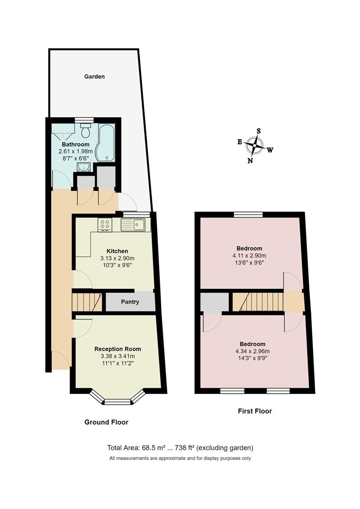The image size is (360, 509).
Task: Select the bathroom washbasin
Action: [x=86, y=167]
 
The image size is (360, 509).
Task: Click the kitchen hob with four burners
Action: [x=105, y=225]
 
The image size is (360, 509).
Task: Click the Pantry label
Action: [x=130, y=302]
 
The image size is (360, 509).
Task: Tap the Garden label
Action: [x=94, y=76]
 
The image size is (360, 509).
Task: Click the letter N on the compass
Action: [x=250, y=160]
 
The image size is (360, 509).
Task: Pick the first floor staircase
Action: [x=258, y=302]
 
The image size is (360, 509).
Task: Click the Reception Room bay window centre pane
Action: [x=117, y=402]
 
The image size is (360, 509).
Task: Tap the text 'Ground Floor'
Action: [x=106, y=422]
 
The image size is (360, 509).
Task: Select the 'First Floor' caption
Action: [x=254, y=411]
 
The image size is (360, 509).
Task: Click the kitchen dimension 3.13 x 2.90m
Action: [x=117, y=258]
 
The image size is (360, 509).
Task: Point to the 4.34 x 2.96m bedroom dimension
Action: [x=252, y=351]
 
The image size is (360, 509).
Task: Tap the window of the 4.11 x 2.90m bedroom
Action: [x=248, y=214]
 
